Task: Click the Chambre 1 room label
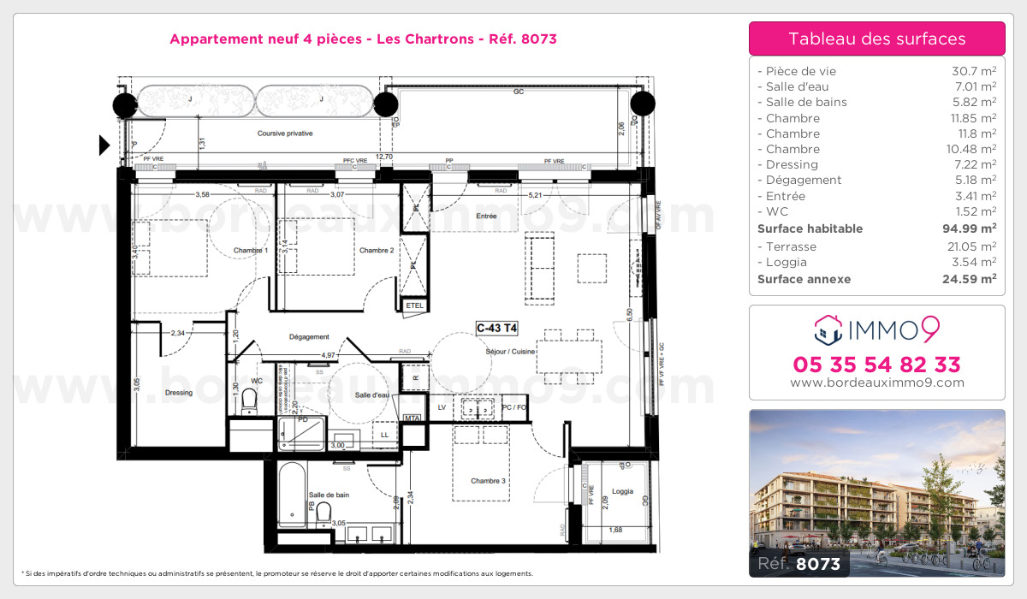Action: coord(250,250)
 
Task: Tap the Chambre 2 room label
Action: coord(377,250)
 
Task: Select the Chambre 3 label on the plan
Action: coord(489,481)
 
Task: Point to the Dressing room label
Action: coord(179,393)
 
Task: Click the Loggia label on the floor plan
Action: coord(622,491)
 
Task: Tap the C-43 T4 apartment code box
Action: coord(497,326)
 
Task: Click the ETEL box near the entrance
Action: coord(415,305)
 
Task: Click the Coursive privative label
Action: coord(285,133)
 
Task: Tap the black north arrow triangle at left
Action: coord(104,145)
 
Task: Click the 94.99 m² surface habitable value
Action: coord(975,228)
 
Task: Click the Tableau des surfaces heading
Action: coord(876,39)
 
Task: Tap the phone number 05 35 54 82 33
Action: coord(876,365)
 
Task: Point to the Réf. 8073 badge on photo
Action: coord(799,563)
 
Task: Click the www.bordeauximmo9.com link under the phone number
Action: coord(876,383)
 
